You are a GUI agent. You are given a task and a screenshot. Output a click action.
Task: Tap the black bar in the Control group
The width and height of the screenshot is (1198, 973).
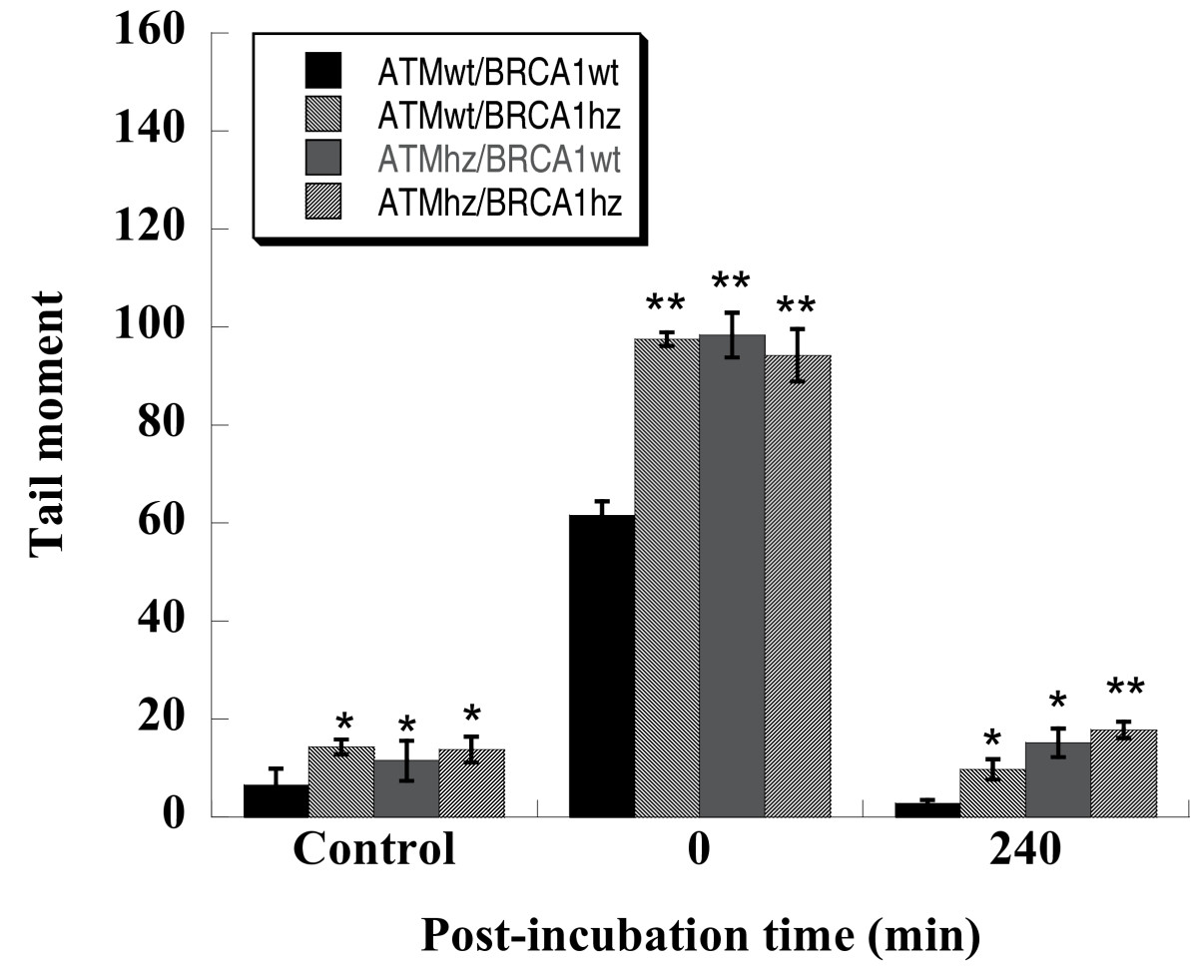[x=276, y=800]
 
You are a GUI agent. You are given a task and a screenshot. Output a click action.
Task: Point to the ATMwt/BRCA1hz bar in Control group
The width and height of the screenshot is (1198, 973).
[x=340, y=781]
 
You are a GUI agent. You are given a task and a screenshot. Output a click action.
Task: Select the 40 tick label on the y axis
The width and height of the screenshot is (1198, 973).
[x=170, y=622]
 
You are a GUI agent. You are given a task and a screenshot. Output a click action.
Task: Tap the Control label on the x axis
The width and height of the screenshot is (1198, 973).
[x=374, y=850]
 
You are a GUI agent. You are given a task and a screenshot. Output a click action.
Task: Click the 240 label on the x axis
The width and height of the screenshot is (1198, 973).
[x=1025, y=850]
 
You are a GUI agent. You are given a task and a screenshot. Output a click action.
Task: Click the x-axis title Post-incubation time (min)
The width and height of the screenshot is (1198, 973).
[x=701, y=934]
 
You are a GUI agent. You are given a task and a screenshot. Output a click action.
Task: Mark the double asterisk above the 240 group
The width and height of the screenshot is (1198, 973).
[x=1123, y=690]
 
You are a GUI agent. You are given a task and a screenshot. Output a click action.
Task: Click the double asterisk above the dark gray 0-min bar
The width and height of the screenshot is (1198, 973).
[x=732, y=282]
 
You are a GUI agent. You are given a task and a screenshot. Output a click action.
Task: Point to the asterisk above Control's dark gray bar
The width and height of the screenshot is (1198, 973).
[x=406, y=724]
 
